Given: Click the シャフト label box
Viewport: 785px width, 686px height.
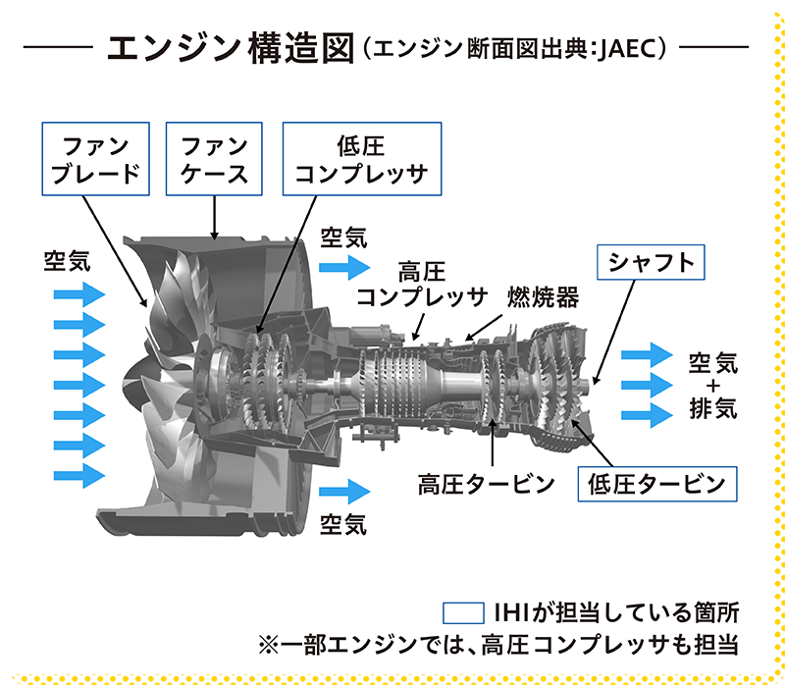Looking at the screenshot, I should [x=651, y=262].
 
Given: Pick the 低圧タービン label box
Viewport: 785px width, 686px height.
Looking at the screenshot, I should [x=656, y=483].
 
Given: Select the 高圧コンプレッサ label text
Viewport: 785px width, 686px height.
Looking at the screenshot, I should [x=422, y=283].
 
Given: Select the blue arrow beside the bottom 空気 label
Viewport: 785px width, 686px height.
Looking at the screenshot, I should [x=343, y=490].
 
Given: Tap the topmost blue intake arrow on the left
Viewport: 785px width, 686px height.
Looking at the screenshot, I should [x=78, y=293].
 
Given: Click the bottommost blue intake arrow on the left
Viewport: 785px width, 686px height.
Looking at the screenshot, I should [x=78, y=475].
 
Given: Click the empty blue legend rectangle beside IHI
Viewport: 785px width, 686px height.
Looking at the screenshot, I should [x=464, y=613].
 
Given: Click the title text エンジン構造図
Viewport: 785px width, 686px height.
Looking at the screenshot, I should [x=231, y=46].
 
